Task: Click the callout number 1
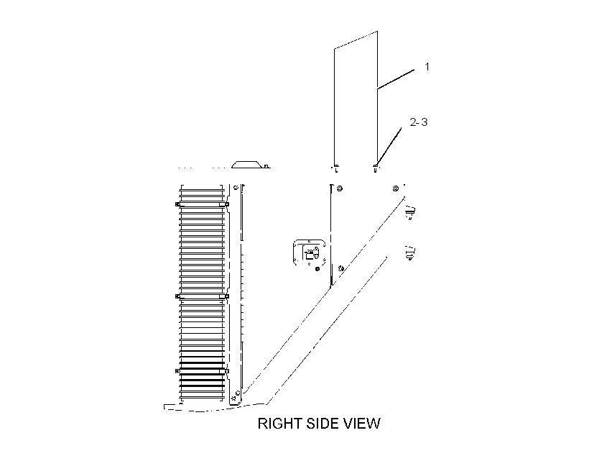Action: pos(427,67)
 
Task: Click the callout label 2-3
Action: pos(419,122)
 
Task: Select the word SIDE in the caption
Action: pos(323,424)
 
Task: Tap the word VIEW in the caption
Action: pos(362,424)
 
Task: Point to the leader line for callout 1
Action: pos(396,79)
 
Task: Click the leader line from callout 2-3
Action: pos(389,146)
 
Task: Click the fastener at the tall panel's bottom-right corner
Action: pos(375,168)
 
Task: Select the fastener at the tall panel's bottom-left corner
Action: pos(335,168)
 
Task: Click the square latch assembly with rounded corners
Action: pos(309,252)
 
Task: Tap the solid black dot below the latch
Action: pos(317,268)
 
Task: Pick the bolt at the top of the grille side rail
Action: pos(236,188)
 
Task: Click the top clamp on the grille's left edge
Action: pos(177,204)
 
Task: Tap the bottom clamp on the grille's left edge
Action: pos(177,371)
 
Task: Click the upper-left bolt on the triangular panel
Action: pos(340,188)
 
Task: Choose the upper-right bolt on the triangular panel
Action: pos(396,188)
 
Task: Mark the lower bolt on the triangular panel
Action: pos(341,268)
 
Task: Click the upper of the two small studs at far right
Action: pos(412,213)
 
